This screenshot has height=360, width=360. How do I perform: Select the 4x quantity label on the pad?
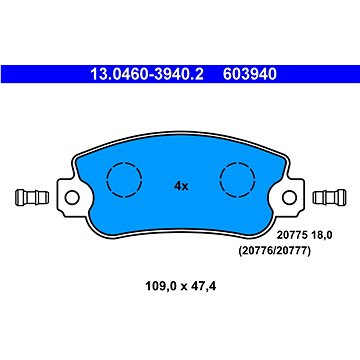181,185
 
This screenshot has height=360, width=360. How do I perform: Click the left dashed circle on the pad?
124,179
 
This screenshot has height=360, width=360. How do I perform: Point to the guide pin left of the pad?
29,197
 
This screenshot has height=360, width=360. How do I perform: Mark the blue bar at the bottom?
180,350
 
